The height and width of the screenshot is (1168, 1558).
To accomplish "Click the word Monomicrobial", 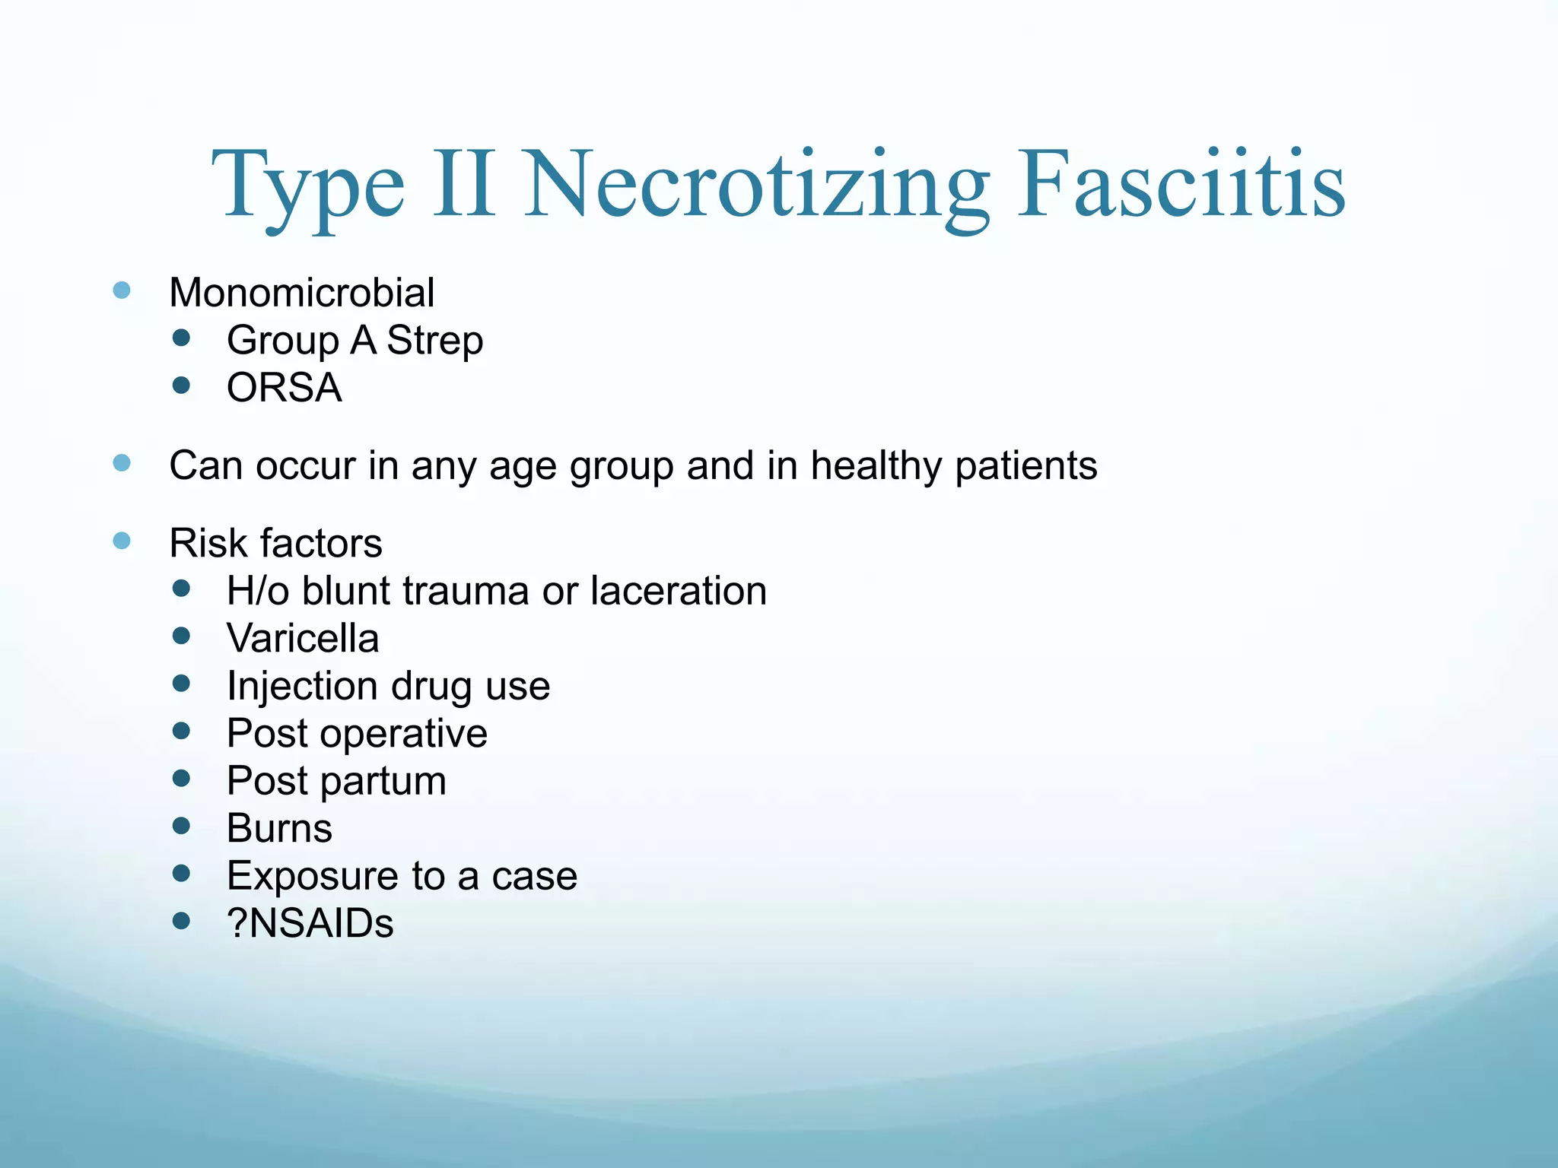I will pyautogui.click(x=302, y=293).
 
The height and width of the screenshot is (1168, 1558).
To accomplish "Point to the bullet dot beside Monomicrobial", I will pyautogui.click(x=122, y=290).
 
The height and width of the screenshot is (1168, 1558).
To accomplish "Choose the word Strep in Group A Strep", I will pyautogui.click(x=434, y=340).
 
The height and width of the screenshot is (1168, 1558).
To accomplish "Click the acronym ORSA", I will pyautogui.click(x=285, y=388).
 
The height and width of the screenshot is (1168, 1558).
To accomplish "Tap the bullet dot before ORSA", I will pyautogui.click(x=181, y=386).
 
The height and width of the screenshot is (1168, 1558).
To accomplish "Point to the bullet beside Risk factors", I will pyautogui.click(x=122, y=541).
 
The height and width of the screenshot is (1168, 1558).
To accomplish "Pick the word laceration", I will pyautogui.click(x=679, y=591).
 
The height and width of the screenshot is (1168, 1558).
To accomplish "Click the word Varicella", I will pyautogui.click(x=303, y=638).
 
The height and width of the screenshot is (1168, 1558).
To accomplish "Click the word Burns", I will pyautogui.click(x=279, y=828).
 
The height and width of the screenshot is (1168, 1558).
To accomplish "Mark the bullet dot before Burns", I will pyautogui.click(x=181, y=826).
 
